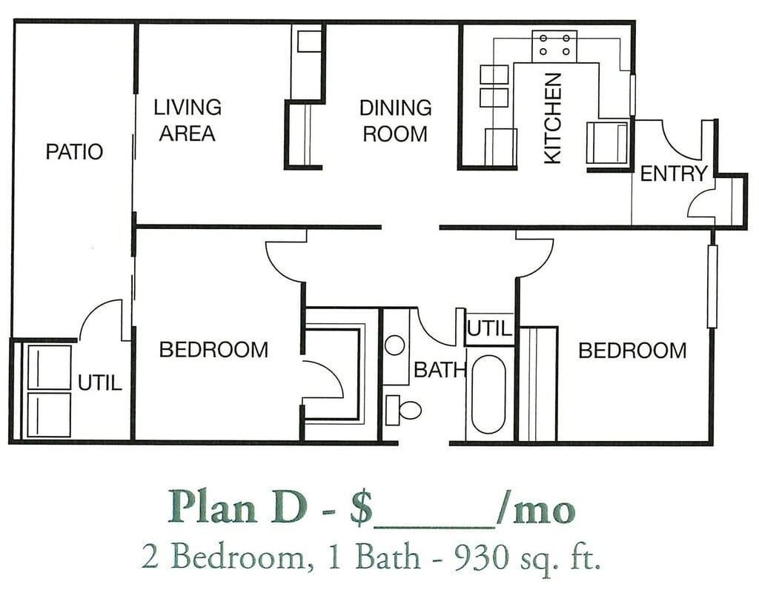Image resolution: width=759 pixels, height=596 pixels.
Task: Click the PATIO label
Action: click(74, 151)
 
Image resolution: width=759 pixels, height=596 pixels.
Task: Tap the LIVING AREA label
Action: click(188, 120)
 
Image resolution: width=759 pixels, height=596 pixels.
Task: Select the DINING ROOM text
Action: click(396, 121)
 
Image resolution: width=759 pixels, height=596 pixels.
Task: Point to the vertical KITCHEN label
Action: click(552, 118)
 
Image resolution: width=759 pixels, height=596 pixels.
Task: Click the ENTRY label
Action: click(674, 173)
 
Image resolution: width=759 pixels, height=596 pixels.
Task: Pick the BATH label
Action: click(440, 370)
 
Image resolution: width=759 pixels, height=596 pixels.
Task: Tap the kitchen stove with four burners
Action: click(554, 45)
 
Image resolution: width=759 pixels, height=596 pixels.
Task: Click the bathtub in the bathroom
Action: click(488, 394)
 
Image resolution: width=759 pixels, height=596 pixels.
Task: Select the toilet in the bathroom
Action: click(403, 410)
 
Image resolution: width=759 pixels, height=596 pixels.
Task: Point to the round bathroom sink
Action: click(395, 345)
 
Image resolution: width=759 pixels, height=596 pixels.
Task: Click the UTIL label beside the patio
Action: click(100, 383)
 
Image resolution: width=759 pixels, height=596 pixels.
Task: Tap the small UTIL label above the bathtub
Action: click(489, 329)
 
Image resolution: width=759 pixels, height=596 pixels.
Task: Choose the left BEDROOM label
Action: click(213, 350)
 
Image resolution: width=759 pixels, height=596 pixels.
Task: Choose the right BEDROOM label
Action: click(633, 351)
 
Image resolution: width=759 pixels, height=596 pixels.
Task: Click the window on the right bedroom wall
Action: click(712, 286)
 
